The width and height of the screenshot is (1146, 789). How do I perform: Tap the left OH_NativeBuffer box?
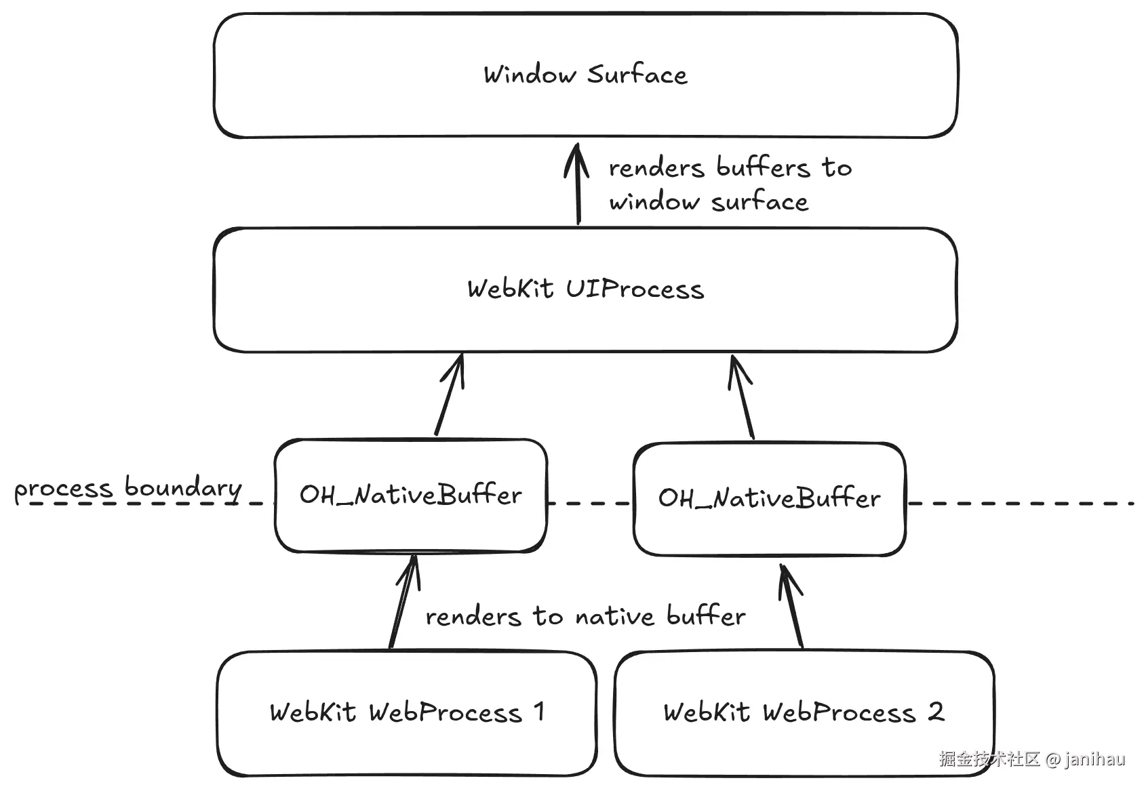click(x=411, y=529)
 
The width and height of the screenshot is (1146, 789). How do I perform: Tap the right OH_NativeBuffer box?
click(x=770, y=532)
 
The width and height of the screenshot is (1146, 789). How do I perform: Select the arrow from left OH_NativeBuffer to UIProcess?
click(x=449, y=396)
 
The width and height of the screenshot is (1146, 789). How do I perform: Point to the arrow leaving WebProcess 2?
click(x=792, y=607)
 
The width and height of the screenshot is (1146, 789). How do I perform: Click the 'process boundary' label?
click(x=127, y=489)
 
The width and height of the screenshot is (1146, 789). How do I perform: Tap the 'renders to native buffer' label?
click(x=585, y=616)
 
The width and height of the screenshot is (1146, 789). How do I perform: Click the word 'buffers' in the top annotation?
click(x=763, y=167)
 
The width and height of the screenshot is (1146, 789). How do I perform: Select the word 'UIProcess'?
click(x=635, y=289)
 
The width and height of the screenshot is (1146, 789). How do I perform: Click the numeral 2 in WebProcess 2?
click(x=936, y=712)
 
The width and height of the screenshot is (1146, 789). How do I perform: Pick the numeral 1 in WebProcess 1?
click(x=539, y=712)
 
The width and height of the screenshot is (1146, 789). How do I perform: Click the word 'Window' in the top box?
click(x=529, y=75)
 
